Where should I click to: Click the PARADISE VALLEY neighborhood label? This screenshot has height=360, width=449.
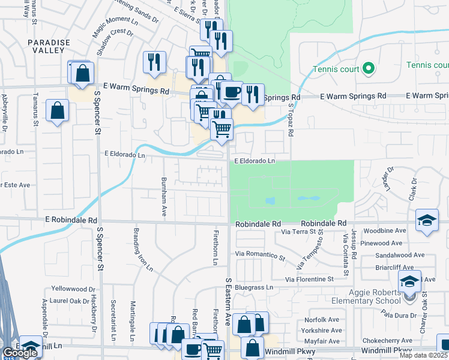(49, 46)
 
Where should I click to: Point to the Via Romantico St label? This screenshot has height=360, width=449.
(260, 256)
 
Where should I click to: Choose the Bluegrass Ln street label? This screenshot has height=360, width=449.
(254, 287)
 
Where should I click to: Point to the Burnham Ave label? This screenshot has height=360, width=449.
(163, 196)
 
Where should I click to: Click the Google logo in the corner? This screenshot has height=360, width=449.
(20, 353)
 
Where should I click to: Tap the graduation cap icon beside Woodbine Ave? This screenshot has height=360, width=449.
(427, 220)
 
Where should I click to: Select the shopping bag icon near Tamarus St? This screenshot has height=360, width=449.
(57, 110)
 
